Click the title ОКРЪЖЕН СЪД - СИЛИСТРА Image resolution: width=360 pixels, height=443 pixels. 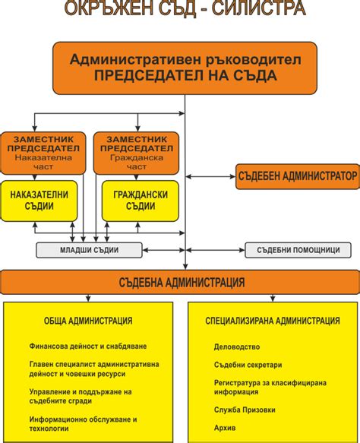coord(185,10)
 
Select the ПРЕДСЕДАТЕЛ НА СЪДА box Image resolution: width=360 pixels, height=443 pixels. coord(185,68)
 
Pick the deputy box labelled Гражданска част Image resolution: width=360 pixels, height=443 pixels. coord(135,153)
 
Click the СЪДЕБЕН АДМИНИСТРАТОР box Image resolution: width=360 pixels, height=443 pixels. coord(296,176)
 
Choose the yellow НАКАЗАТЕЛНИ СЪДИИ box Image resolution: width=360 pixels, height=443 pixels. coord(39,200)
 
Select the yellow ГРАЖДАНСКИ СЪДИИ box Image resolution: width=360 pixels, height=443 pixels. coord(140,200)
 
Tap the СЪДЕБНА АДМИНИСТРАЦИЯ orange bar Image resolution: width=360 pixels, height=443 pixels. coord(180,282)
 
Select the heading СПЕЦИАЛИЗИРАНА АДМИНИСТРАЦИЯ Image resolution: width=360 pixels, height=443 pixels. coord(272,321)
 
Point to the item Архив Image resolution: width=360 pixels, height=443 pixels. coord(226,428)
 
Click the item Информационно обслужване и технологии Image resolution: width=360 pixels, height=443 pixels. coord(83,423)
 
